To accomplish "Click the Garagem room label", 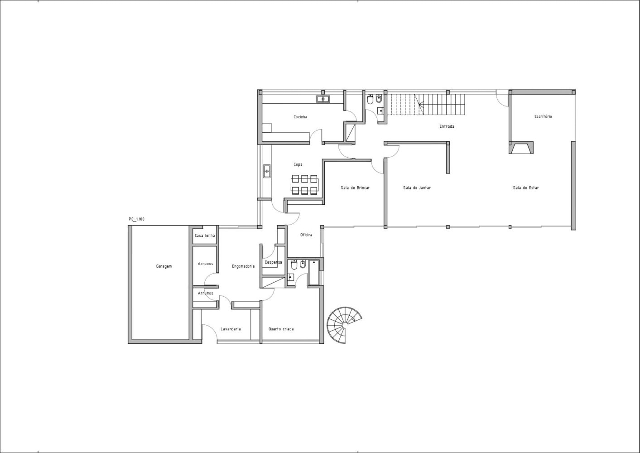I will coord(164,266).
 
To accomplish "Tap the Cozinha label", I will coord(300,117).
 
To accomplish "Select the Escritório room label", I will coord(543,116).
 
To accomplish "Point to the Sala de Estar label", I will coord(526,188).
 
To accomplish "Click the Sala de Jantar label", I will coord(417,188).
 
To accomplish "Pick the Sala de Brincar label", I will coord(355,188).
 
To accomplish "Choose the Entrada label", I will coord(447,126).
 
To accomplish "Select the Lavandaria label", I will coord(231,329).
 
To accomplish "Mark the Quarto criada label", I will coord(281,329).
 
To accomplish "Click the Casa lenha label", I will coord(205,236).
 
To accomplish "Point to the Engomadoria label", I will coord(243,266).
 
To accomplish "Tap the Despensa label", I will coord(274,262).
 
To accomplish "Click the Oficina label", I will coord(306,235).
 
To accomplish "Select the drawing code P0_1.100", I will coord(137,219).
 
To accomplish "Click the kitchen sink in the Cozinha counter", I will coord(323,99).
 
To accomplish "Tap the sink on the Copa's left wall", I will coord(267,171).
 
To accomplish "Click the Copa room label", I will coord(298,164).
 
